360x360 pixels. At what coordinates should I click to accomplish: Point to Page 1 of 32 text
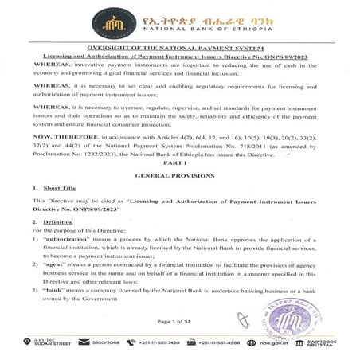pos(175,322)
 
